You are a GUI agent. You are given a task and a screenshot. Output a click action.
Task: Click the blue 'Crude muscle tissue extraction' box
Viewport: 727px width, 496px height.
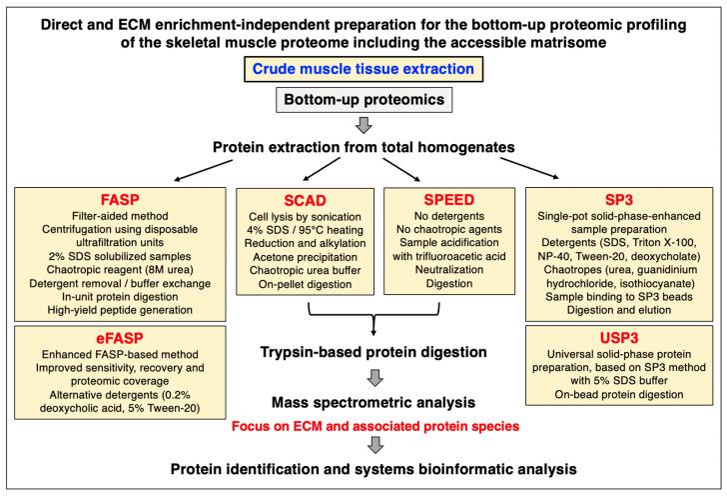click(363, 70)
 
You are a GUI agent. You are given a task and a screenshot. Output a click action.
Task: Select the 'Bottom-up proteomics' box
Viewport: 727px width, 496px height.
click(363, 100)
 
